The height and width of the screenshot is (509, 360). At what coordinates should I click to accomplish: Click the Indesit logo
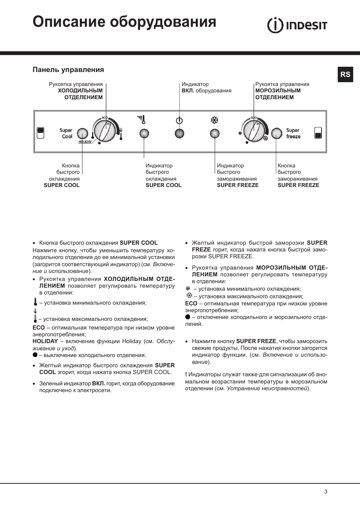pos(297,25)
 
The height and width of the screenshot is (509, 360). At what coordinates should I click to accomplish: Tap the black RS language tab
pos(345,74)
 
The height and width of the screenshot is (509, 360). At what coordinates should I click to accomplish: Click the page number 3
pos(326,492)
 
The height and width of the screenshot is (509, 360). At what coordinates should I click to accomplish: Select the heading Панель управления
pos(68,70)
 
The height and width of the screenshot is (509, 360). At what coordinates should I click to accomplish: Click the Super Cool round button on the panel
pos(82,133)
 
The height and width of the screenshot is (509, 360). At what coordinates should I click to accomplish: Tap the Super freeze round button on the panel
pos(277,133)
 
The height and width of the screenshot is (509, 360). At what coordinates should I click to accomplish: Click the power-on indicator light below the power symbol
pos(179,133)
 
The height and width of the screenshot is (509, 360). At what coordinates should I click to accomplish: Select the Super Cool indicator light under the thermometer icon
pos(144,133)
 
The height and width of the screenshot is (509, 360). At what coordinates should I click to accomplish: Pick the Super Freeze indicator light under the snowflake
pos(215,133)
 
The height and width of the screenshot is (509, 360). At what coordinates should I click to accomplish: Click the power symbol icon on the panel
pos(179,121)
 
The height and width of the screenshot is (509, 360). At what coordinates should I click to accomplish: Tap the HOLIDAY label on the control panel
pos(85,142)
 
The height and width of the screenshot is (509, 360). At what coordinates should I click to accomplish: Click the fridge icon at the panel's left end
pos(40,133)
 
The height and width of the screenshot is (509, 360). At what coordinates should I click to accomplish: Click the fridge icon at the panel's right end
pos(318,133)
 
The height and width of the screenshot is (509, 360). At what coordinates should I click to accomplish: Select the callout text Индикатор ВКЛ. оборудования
pos(206,87)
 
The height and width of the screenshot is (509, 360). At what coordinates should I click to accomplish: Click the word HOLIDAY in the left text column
pos(45,341)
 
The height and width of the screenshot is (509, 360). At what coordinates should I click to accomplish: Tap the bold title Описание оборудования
pos(124,22)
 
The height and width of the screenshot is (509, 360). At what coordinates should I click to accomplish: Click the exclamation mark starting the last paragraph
pos(186,375)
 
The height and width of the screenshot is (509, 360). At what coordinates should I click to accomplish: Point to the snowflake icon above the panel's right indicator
pos(215,120)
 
